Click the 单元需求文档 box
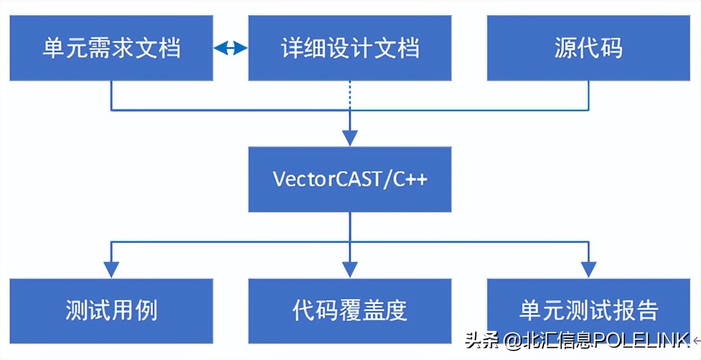[x=111, y=48]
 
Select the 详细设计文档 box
[x=349, y=48]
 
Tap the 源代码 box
[x=588, y=48]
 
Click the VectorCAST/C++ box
[x=349, y=179]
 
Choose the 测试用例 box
[x=111, y=311]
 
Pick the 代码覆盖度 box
[x=349, y=311]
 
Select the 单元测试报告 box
[x=588, y=311]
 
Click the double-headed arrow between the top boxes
[x=230, y=48]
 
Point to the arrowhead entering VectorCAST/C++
[x=349, y=138]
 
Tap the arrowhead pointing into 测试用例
[x=111, y=270]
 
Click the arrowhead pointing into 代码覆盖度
[x=349, y=270]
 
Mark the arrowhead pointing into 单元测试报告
[x=588, y=270]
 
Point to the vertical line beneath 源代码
[x=588, y=95]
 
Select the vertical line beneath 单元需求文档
[x=111, y=95]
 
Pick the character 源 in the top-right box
[x=565, y=48]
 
